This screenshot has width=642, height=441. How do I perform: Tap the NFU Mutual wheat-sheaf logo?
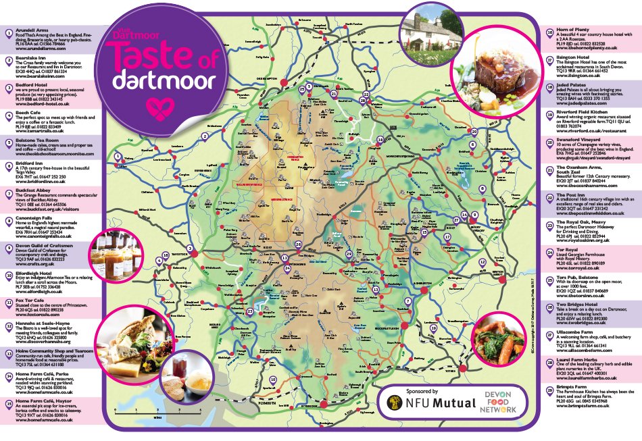tap(393, 409)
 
